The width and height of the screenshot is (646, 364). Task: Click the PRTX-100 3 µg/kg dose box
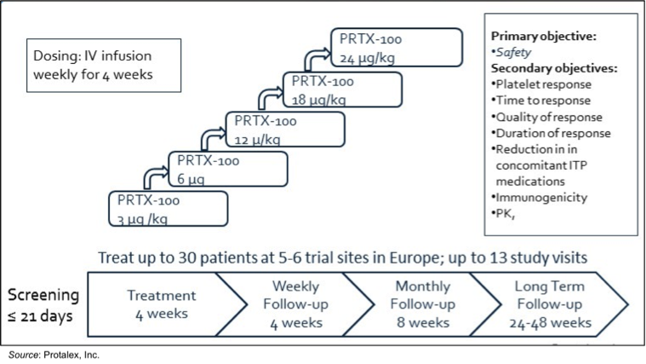pyautogui.click(x=168, y=208)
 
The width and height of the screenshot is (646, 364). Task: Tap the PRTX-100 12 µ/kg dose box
pyautogui.click(x=284, y=129)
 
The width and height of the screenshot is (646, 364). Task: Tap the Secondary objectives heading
pyautogui.click(x=553, y=68)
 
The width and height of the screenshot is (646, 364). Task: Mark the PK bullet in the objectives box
pyautogui.click(x=504, y=214)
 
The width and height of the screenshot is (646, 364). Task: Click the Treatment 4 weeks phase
pyautogui.click(x=161, y=303)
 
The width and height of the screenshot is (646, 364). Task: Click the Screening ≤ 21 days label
pyautogui.click(x=43, y=303)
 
